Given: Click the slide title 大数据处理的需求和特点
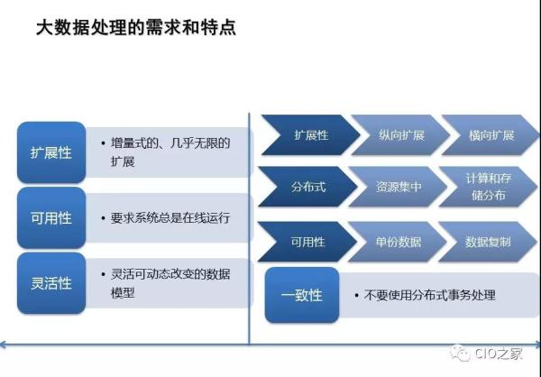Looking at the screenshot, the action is [x=136, y=28].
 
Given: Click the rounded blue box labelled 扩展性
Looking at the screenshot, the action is [x=51, y=152].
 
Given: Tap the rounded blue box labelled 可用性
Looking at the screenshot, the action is [x=51, y=218].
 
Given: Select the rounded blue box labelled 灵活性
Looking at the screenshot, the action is [x=51, y=283].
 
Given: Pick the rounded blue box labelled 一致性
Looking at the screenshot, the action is [x=302, y=295].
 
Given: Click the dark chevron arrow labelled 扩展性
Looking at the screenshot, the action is [x=310, y=135].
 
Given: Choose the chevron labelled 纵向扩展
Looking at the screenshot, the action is [x=401, y=135].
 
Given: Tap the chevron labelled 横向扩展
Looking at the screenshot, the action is [x=491, y=135].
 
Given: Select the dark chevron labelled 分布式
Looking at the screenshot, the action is [x=307, y=187].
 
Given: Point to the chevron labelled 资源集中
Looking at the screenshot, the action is [x=399, y=187].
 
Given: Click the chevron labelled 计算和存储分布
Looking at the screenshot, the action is [x=489, y=187].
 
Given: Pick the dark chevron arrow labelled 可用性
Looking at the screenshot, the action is [x=307, y=242].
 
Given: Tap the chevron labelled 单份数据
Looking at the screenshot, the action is [x=399, y=242].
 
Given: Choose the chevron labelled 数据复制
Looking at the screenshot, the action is [x=488, y=242].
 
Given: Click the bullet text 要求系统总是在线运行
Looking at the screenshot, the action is [x=170, y=218].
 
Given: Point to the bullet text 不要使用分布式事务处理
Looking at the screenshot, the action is [x=430, y=295].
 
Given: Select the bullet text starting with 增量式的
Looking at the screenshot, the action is [x=170, y=152].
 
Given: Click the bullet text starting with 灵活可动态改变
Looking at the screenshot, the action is [x=170, y=283].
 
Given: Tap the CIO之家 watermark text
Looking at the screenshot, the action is [x=499, y=354].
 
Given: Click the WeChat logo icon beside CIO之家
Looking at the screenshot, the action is [x=460, y=353].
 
